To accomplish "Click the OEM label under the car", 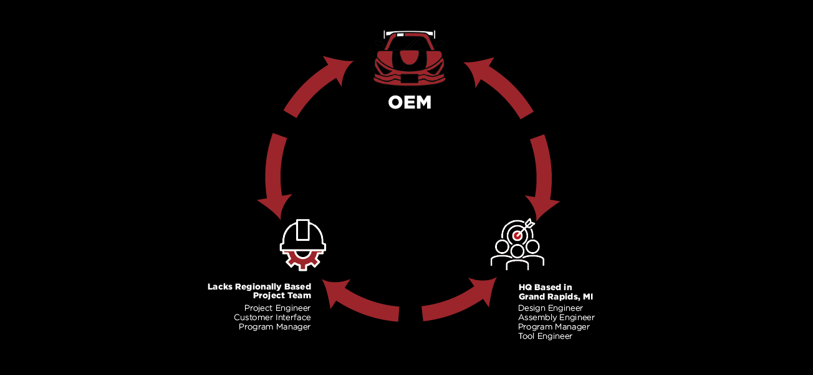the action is click(410, 102).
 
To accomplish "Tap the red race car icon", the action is click(410, 58).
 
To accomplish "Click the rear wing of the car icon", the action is click(410, 34).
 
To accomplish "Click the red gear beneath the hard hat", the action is click(303, 260).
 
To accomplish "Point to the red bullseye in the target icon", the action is click(517, 236).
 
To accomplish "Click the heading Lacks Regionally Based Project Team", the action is click(259, 291).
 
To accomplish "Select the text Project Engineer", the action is click(277, 308).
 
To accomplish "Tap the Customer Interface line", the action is click(272, 317).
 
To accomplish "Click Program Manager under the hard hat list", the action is click(274, 327).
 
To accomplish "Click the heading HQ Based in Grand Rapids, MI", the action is click(556, 292).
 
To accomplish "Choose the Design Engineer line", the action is click(551, 308).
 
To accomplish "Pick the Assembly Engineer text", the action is click(556, 317).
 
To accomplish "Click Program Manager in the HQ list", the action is click(554, 327).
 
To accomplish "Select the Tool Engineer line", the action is click(545, 336).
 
